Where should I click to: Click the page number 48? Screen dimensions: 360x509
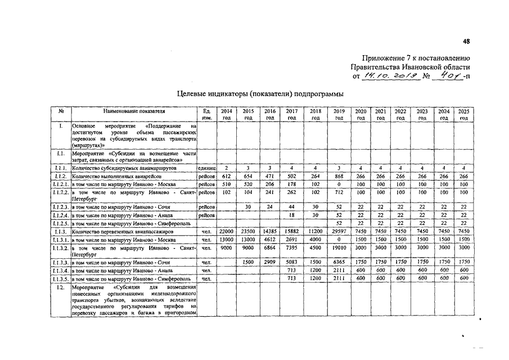click(x=466, y=40)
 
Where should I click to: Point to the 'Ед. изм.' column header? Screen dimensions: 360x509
click(x=206, y=115)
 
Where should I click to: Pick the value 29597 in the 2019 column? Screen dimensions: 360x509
click(x=339, y=231)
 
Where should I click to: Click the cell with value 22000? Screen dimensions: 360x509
click(x=226, y=231)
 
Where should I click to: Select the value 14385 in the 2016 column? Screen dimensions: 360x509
click(x=270, y=231)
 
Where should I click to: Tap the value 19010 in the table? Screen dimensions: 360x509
click(x=339, y=247)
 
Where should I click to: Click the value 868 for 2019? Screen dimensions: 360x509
click(x=339, y=176)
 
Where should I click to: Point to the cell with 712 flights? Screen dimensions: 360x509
click(x=339, y=192)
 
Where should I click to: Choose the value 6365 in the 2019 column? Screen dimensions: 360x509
click(x=339, y=262)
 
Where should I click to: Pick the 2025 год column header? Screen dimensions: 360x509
click(x=464, y=115)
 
